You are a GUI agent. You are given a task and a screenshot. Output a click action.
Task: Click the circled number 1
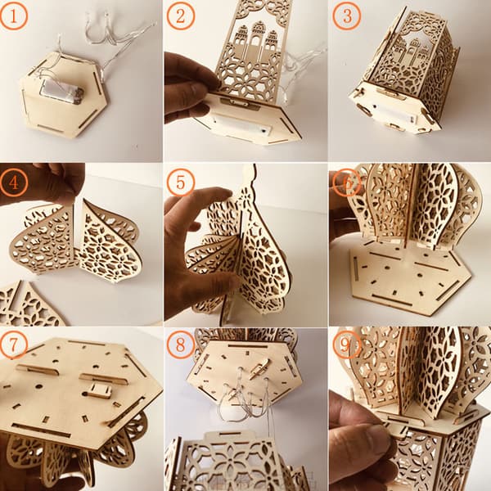pos(14,16)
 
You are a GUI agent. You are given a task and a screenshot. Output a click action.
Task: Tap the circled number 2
pos(181,16)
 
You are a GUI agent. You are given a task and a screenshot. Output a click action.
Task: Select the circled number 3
pos(347,16)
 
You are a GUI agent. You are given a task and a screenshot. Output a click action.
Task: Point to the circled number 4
pos(14,182)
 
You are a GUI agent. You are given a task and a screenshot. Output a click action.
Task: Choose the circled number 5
pos(181,182)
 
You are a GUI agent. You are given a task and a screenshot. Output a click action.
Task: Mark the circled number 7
pos(14,345)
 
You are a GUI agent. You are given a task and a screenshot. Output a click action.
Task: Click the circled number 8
pos(181,345)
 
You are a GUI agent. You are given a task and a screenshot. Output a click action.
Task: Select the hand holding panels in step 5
pos(197,250)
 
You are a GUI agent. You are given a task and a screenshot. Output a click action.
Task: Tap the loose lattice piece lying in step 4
pos(29,305)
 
